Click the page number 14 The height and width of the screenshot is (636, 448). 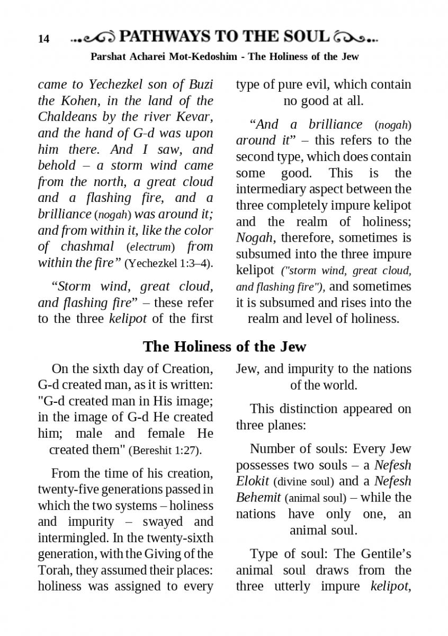tap(43, 39)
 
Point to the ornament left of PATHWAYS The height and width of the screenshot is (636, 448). tap(93, 38)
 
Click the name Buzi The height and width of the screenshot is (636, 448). tap(198, 84)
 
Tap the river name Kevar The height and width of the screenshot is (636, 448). tap(195, 117)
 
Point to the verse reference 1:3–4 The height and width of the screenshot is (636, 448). tap(195, 263)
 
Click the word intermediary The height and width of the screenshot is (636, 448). tap(274, 189)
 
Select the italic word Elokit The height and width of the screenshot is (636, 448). tap(253, 482)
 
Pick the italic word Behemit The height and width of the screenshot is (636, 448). tap(258, 498)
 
